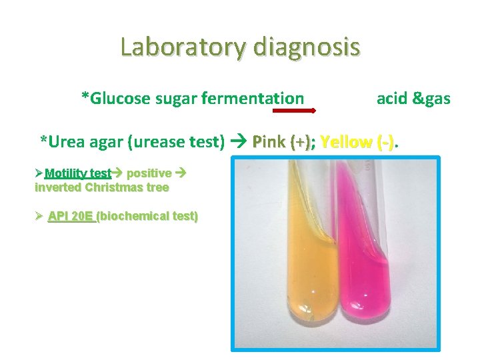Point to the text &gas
pos(431,99)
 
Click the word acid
pos(391,99)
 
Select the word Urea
pos(67,141)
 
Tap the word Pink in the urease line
pos(269,141)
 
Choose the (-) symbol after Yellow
pos(385,141)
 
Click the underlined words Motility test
pos(78,173)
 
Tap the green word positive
pos(148,173)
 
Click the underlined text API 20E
pos(71,216)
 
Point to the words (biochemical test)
pos(147,216)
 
